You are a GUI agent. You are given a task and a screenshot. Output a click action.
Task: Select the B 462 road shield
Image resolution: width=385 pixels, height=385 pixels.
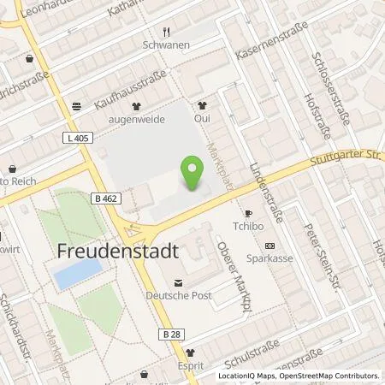pyautogui.click(x=104, y=198)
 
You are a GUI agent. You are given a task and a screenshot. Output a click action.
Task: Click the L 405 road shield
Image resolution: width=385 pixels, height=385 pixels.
pyautogui.click(x=76, y=139)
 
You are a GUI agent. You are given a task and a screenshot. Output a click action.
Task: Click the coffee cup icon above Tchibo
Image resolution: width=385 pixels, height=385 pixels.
pyautogui.click(x=249, y=213)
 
